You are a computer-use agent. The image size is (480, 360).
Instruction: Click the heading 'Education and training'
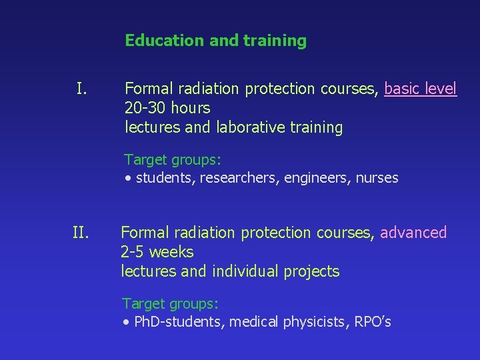(215, 41)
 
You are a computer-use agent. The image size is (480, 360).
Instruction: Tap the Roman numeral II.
(81, 233)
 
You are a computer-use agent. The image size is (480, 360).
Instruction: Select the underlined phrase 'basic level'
(421, 89)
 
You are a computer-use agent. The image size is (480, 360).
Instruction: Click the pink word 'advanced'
(413, 233)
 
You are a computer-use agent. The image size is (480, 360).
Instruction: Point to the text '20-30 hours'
(167, 108)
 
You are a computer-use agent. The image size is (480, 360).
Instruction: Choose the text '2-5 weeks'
(157, 252)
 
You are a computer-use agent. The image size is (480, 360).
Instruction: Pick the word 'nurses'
(377, 178)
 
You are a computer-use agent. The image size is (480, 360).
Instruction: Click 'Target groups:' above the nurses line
(173, 160)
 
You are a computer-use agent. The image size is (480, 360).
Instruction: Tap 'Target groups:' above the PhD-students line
(171, 304)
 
